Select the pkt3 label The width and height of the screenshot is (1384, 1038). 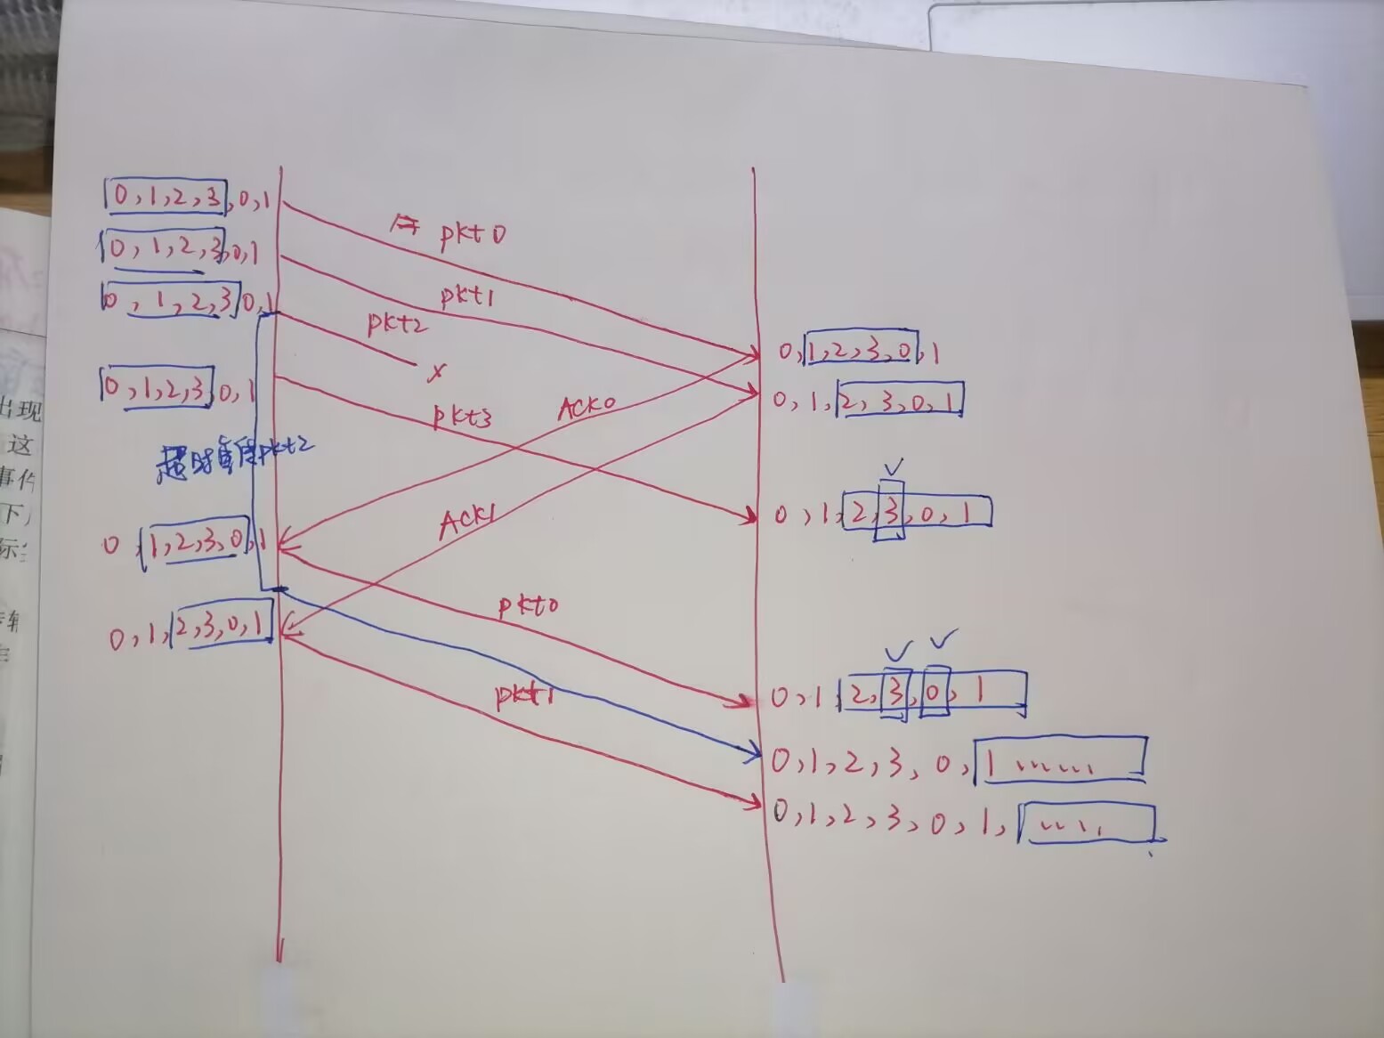pyautogui.click(x=462, y=416)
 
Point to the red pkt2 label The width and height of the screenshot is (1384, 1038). pyautogui.click(x=397, y=323)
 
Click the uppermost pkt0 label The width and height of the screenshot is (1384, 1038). pyautogui.click(x=472, y=234)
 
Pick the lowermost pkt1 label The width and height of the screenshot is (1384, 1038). pyautogui.click(x=525, y=695)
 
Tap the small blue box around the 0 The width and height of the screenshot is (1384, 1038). pyautogui.click(x=935, y=692)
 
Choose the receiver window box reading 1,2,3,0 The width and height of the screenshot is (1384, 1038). pyautogui.click(x=861, y=353)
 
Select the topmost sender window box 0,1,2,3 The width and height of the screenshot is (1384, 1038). pyautogui.click(x=166, y=198)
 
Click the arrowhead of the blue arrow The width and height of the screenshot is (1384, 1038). pyautogui.click(x=757, y=755)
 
